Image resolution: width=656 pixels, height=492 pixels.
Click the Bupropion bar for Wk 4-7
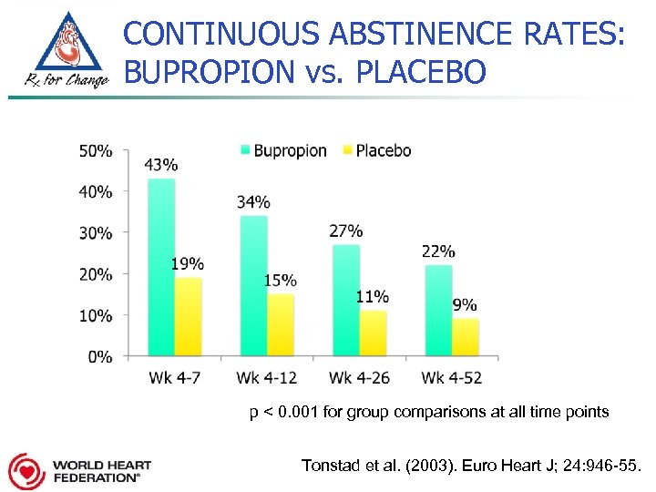click(x=160, y=267)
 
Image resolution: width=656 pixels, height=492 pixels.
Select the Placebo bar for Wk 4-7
click(x=188, y=316)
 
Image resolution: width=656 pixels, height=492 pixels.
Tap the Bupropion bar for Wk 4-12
click(x=253, y=285)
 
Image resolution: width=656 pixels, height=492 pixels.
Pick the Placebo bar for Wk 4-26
click(x=373, y=333)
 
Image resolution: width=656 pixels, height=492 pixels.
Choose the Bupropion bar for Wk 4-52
click(x=438, y=310)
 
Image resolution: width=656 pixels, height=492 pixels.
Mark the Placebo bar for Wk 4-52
click(x=466, y=337)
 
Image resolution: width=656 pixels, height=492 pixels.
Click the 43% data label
click(x=161, y=165)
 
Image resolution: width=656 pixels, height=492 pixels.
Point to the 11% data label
click(x=373, y=296)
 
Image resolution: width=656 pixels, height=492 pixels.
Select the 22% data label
click(x=438, y=251)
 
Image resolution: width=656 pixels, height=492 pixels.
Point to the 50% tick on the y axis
click(x=96, y=150)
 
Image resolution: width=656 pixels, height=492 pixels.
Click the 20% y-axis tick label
click(x=96, y=274)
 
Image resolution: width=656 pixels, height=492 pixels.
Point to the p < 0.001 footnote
click(x=429, y=413)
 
